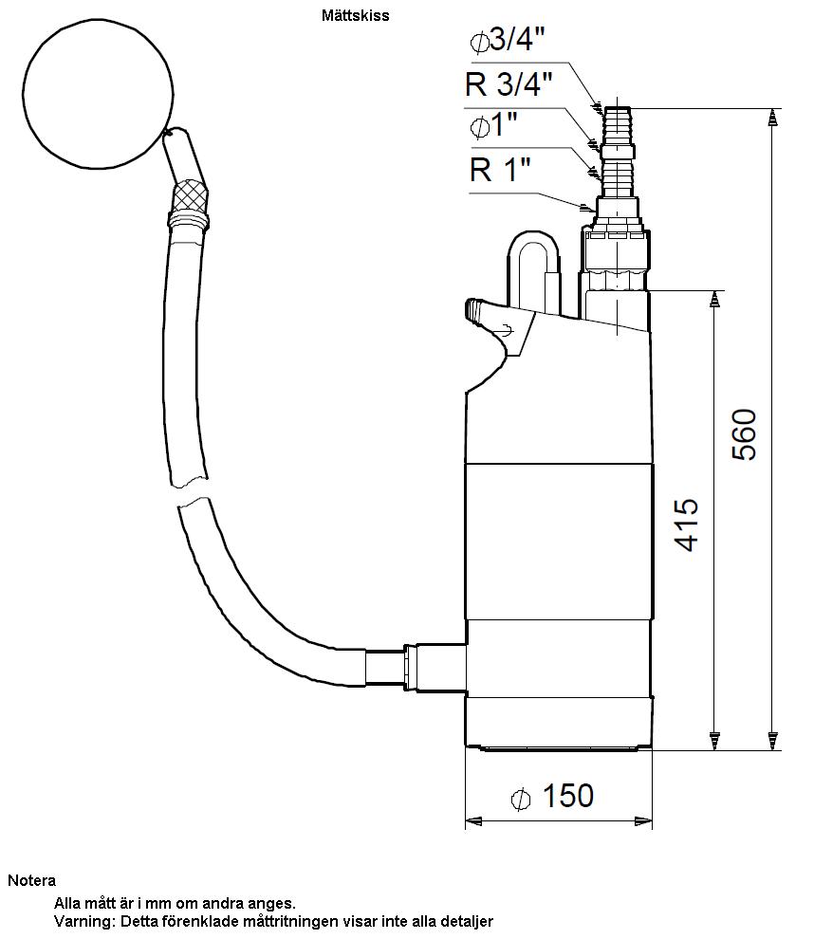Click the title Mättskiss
(x=355, y=15)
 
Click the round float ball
(x=100, y=95)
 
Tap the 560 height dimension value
(x=745, y=434)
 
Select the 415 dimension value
(x=687, y=524)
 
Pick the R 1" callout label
(x=500, y=169)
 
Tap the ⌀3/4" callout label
(x=508, y=40)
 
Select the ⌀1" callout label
(x=493, y=126)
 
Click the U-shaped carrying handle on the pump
(x=534, y=270)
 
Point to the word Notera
(x=31, y=880)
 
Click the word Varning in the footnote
(x=83, y=921)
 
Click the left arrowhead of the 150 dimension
(x=473, y=821)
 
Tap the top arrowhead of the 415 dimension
(x=714, y=300)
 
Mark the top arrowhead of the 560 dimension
(x=773, y=118)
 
